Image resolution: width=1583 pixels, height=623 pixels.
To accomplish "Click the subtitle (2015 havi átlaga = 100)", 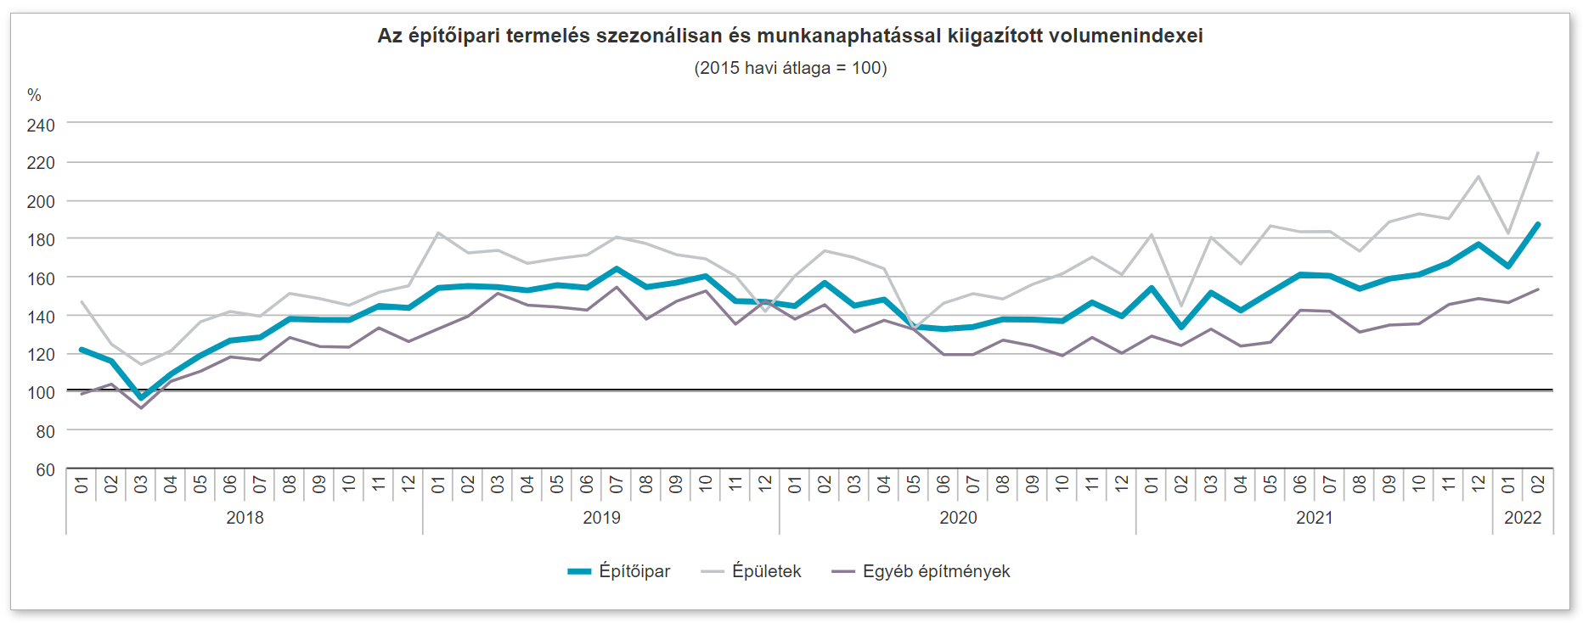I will tap(790, 68).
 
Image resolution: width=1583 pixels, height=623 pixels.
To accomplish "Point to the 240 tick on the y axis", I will tap(41, 125).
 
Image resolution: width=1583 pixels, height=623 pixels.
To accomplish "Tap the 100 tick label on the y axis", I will tap(41, 393).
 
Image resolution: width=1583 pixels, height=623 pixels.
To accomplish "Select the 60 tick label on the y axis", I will tap(45, 469).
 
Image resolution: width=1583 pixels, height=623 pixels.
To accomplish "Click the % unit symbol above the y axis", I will tap(34, 95).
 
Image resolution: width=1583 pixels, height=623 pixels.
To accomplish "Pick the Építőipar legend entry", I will tap(619, 571).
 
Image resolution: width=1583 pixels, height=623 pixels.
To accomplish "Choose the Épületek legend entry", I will tap(752, 571).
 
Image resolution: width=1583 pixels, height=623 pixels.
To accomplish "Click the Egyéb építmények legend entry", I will tap(921, 571).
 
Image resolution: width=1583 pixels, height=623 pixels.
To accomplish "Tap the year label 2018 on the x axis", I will tap(245, 518).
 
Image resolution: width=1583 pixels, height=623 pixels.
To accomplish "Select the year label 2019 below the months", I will tap(601, 518).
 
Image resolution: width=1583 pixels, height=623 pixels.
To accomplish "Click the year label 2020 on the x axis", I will tap(958, 518).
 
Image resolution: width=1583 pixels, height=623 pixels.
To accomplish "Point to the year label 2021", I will tap(1314, 518).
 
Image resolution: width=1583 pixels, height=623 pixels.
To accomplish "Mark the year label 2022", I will tap(1523, 518).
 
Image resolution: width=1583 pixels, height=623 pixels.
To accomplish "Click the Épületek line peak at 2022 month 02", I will tap(1538, 153).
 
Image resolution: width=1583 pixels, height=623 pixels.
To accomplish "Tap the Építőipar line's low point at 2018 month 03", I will tap(141, 397).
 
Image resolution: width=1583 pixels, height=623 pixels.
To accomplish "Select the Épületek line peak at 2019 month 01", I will tap(438, 233).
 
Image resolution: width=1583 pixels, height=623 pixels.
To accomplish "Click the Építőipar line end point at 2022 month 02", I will tap(1538, 224).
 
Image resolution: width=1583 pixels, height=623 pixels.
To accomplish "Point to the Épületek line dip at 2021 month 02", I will tap(1181, 306).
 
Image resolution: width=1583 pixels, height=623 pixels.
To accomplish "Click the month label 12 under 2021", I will tap(1479, 484).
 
